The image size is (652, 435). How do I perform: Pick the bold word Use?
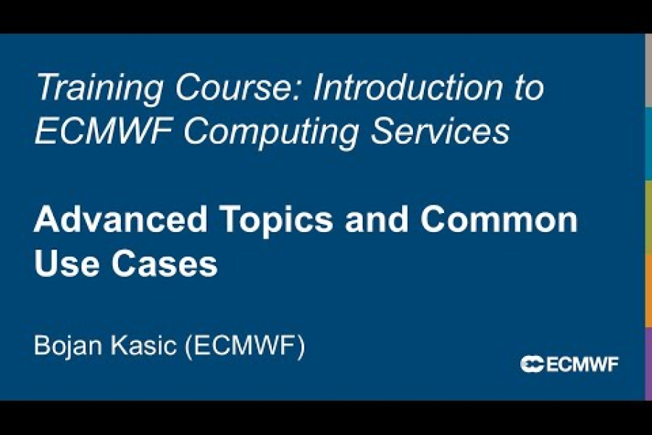point(64,265)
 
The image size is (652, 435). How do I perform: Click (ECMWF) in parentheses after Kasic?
point(246,345)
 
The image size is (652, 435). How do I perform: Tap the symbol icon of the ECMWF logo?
point(532,364)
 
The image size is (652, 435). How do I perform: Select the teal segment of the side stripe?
point(648,144)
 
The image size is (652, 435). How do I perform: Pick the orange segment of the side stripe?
point(648,290)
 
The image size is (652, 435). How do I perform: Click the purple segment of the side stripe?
point(648,362)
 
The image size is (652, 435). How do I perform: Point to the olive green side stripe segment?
point(648,217)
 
